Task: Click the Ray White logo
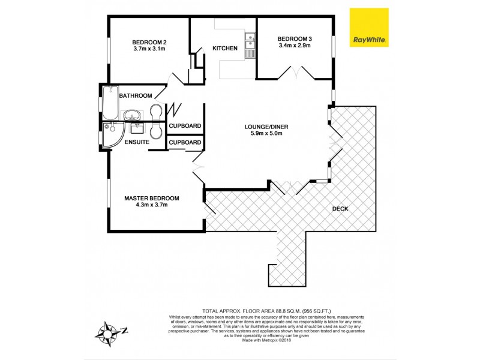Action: pyautogui.click(x=368, y=28)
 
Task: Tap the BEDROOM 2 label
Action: pyautogui.click(x=149, y=41)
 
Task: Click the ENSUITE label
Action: pyautogui.click(x=137, y=142)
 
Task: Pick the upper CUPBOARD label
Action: pyautogui.click(x=185, y=126)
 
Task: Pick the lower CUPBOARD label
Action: pyautogui.click(x=185, y=142)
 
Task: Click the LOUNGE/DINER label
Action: pyautogui.click(x=263, y=126)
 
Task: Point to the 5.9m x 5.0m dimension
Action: pyautogui.click(x=263, y=134)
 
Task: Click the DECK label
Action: pyautogui.click(x=340, y=209)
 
